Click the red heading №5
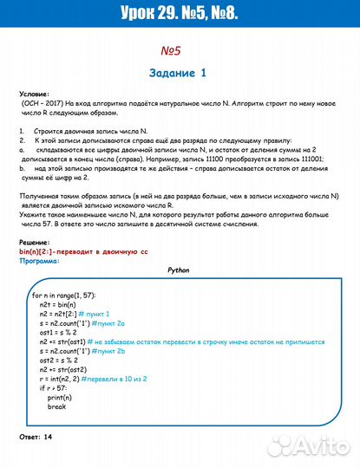tap(180, 51)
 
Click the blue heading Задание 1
tap(180, 73)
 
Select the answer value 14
tap(48, 437)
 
